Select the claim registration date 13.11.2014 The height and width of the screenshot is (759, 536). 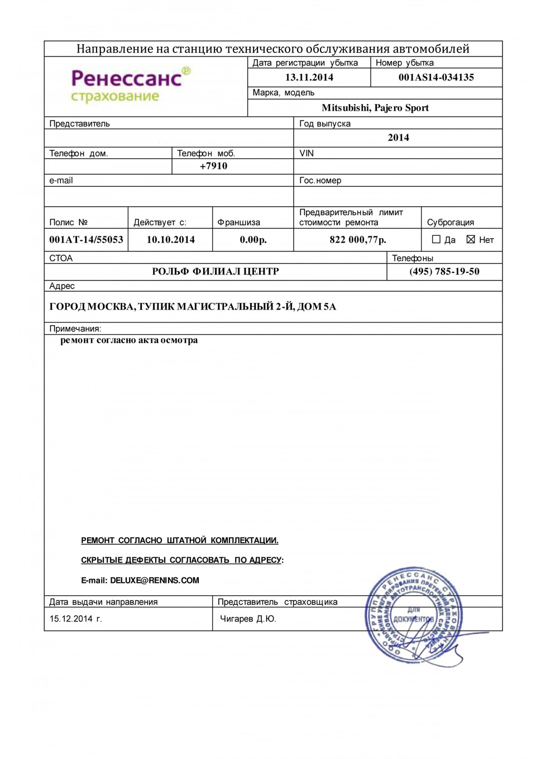(309, 78)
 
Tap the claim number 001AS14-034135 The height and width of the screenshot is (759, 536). (436, 78)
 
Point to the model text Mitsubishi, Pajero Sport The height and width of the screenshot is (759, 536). (375, 108)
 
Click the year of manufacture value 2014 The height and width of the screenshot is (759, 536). (398, 137)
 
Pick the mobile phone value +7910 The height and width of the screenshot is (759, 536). (213, 166)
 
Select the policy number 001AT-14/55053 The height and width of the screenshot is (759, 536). (86, 240)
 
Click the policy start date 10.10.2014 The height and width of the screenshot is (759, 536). (170, 240)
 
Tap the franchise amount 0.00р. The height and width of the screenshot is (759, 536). (253, 240)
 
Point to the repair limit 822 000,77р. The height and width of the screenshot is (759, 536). (357, 240)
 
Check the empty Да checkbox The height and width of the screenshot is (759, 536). (437, 239)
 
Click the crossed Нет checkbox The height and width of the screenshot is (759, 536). (471, 239)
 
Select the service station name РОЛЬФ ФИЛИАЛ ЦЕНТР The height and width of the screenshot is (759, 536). (215, 272)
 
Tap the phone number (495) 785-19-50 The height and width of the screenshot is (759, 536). (444, 272)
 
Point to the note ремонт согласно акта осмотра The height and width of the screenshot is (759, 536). (129, 340)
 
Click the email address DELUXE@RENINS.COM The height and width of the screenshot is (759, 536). (155, 581)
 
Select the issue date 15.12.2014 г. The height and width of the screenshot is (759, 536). (75, 619)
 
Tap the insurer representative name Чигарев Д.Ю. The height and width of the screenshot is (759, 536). (248, 619)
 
